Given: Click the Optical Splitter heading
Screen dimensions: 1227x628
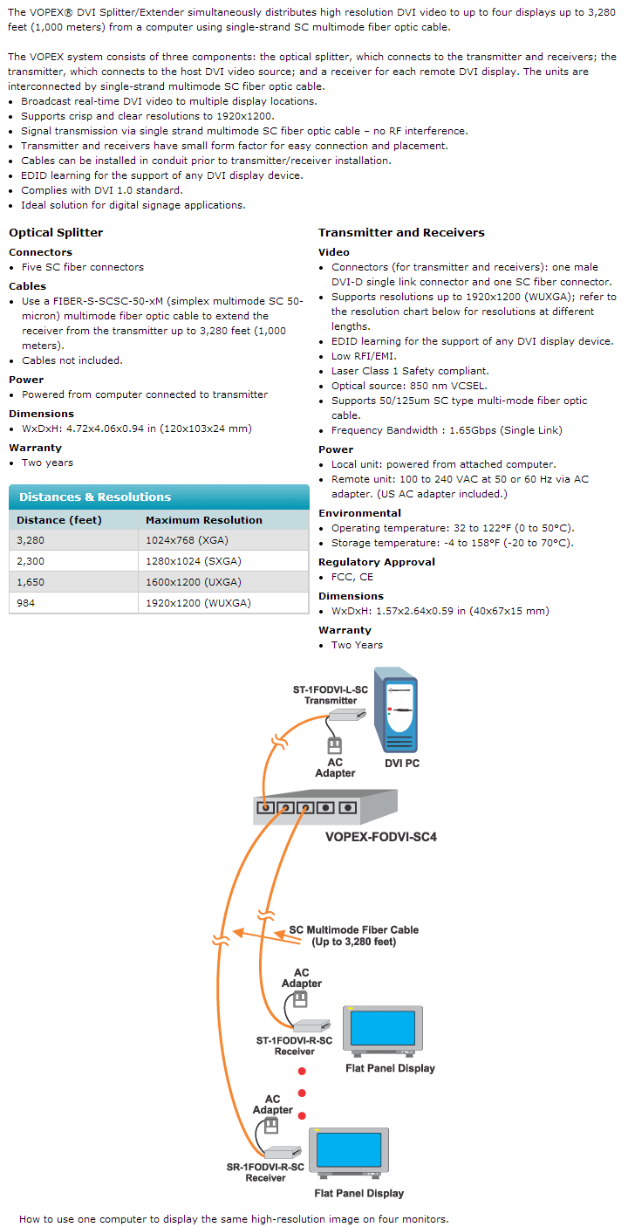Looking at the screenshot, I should tap(56, 233).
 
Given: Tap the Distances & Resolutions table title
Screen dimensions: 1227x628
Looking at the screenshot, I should tap(95, 497).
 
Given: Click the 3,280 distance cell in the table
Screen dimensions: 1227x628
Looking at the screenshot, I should tap(31, 540).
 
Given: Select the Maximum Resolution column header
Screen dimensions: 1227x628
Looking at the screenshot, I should tap(203, 520).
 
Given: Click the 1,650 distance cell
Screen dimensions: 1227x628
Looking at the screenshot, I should tap(31, 582).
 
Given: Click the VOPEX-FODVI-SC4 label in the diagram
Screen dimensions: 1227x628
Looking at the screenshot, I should tap(380, 837).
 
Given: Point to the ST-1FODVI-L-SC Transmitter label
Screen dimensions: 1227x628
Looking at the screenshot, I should tap(331, 695).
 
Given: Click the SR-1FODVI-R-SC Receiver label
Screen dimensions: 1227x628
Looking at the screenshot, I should tap(265, 1172).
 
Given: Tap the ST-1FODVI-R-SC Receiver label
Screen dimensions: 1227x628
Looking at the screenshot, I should tap(294, 1045).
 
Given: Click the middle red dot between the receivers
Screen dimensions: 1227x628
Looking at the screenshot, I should tap(302, 1093).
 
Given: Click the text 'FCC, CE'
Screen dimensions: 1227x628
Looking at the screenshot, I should tap(352, 577).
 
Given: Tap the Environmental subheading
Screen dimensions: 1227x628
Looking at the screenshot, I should tap(359, 513).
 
